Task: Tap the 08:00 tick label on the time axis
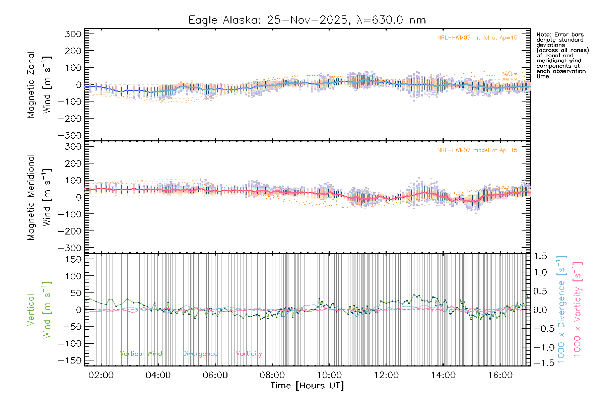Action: point(272,375)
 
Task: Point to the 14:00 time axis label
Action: point(443,375)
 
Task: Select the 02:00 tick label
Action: point(101,375)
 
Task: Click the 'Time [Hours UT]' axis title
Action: point(307,386)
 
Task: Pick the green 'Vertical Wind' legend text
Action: point(141,354)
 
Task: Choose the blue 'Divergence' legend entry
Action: point(200,354)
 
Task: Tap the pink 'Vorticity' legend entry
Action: point(249,354)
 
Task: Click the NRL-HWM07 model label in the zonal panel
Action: point(477,38)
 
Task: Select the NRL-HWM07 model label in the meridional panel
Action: point(477,150)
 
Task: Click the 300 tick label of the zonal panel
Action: point(73,34)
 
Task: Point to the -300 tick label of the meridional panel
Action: point(70,248)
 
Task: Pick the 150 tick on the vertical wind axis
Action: point(73,259)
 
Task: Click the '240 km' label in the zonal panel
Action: point(509,74)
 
